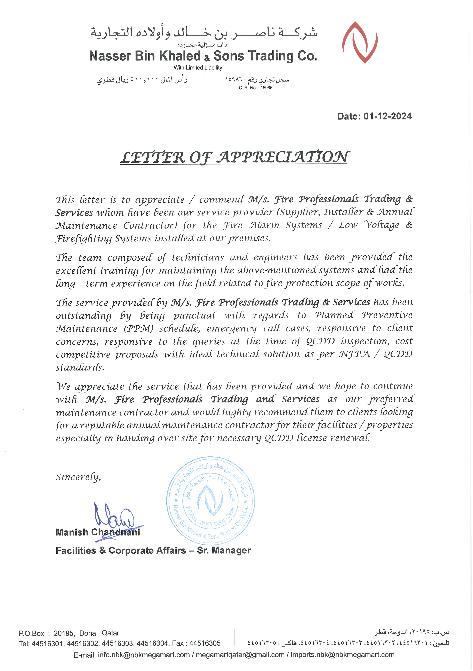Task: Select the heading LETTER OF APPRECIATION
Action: coord(234,157)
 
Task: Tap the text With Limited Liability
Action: coord(198,67)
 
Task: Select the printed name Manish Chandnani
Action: coord(98,532)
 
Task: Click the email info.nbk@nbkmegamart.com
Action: coord(144,655)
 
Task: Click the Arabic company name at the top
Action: coord(204,33)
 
